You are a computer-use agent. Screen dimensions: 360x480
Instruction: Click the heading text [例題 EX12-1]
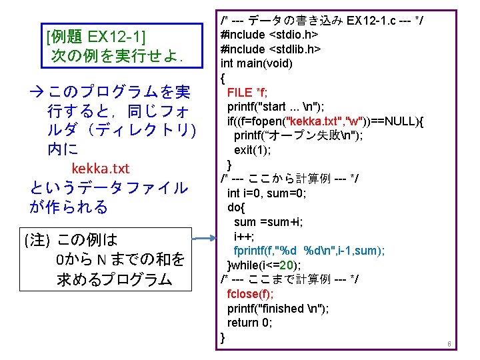[x=97, y=35]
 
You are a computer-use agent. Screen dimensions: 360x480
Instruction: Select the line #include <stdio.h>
[x=269, y=34]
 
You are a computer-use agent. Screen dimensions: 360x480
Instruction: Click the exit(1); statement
[x=252, y=150]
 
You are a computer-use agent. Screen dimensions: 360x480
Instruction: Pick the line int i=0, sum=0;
[x=267, y=193]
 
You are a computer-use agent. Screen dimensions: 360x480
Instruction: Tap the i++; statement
[x=243, y=237]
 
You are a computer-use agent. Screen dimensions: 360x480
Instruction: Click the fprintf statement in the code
[x=309, y=251]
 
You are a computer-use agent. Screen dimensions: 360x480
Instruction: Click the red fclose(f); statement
[x=250, y=294]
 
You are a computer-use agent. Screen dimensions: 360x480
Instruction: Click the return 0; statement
[x=249, y=323]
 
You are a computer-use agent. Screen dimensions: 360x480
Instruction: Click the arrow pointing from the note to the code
[x=207, y=236]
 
